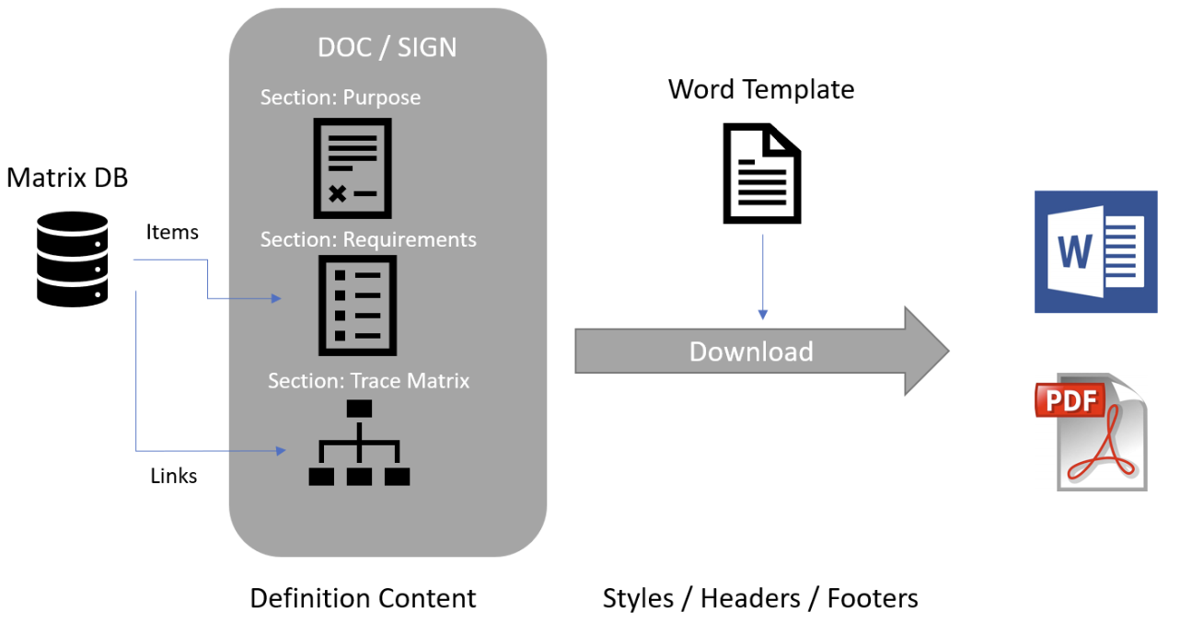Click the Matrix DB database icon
coord(73,259)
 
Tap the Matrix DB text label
coord(67,178)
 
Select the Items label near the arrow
coord(172,233)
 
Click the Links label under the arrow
coord(173,476)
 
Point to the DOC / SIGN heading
coord(387,48)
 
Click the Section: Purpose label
coord(341,98)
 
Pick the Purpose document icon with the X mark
coord(353,168)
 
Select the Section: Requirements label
coord(368,240)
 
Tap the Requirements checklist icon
coord(357,306)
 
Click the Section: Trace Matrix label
coord(368,380)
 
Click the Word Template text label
coord(761,89)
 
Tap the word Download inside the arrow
coord(751,352)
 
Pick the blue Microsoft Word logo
coord(1095,251)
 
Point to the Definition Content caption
coord(363,598)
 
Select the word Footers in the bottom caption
coord(873,598)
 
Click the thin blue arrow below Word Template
coord(762,276)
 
